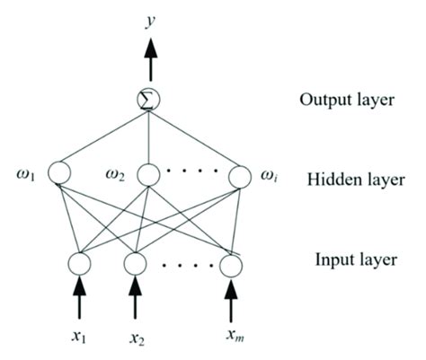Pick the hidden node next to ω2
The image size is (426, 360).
(x=149, y=173)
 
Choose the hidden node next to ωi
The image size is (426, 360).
(x=239, y=174)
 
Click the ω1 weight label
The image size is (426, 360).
(x=24, y=171)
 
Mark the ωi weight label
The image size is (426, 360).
(x=270, y=171)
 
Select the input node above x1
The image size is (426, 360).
(x=78, y=264)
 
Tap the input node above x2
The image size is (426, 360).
(x=135, y=264)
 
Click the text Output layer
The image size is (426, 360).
(x=346, y=99)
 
